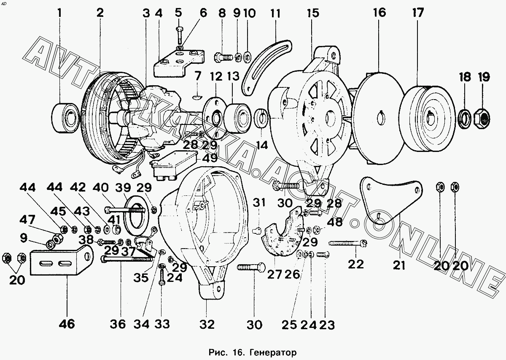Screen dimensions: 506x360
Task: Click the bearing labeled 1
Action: tap(65, 118)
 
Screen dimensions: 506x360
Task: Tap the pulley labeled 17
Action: tap(427, 119)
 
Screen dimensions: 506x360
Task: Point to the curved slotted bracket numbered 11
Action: tap(266, 67)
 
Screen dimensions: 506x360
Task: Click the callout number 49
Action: tap(210, 158)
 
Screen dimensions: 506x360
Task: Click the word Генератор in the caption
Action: tap(273, 352)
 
